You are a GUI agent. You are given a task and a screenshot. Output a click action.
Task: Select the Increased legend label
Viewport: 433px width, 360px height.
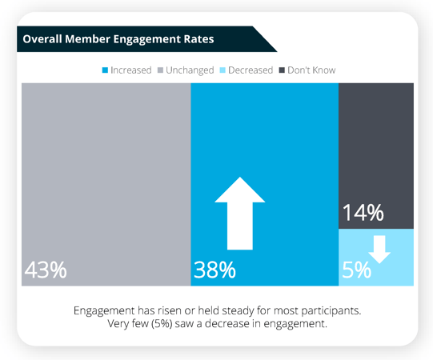tap(131, 70)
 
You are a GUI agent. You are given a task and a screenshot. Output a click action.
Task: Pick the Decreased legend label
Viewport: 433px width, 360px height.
tap(250, 70)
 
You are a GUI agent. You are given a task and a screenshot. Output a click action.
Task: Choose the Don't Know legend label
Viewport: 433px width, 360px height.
tap(312, 70)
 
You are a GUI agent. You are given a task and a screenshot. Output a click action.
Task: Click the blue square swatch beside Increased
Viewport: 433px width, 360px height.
tap(104, 70)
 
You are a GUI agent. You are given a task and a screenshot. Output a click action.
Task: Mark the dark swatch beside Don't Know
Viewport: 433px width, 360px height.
tap(282, 70)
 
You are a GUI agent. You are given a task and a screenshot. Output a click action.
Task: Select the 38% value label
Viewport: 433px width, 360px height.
tap(214, 270)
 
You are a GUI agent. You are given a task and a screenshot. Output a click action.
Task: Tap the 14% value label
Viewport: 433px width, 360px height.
tap(363, 214)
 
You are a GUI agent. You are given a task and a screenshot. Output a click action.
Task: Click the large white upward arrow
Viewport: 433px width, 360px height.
tap(240, 213)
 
